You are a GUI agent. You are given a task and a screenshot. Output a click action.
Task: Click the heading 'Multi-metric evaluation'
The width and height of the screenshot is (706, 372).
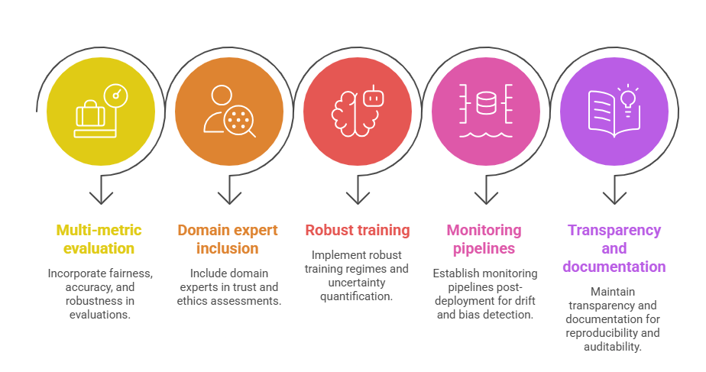click(99, 239)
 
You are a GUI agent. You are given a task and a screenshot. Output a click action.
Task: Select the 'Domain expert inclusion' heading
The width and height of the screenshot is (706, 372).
click(228, 239)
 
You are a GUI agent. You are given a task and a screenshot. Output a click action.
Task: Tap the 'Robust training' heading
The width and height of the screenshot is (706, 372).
click(357, 230)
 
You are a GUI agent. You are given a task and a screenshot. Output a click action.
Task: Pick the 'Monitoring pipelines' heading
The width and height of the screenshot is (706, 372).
click(484, 239)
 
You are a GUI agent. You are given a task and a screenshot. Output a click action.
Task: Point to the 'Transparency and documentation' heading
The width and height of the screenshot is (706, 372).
click(614, 248)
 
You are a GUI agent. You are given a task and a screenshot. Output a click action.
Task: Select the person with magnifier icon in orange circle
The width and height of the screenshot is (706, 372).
click(228, 112)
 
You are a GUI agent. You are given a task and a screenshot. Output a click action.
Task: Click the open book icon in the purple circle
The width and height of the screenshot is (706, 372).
click(607, 116)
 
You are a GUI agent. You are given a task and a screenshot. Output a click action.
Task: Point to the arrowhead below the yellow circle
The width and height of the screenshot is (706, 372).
click(101, 198)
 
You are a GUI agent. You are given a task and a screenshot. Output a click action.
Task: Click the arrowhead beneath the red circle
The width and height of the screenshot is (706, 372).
click(358, 198)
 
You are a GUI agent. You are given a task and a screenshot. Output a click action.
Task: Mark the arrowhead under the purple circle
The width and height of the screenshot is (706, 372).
click(614, 198)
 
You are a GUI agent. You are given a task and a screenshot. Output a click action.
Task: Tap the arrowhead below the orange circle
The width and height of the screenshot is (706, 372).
click(229, 198)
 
